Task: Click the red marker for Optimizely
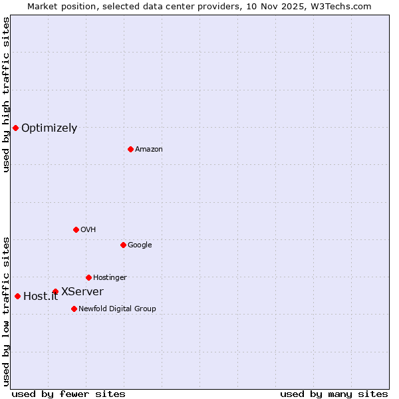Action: [x=15, y=128]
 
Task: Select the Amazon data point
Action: [x=130, y=149]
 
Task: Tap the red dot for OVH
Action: [x=76, y=229]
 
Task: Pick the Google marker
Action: [x=123, y=245]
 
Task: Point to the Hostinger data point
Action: [x=88, y=277]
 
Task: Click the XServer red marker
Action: [x=55, y=291]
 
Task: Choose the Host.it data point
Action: [x=17, y=296]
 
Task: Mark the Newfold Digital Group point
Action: [x=74, y=309]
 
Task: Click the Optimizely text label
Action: [x=49, y=128]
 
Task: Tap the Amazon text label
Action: [x=149, y=150]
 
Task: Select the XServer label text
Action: [x=82, y=291]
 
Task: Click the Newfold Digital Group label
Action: [x=117, y=309]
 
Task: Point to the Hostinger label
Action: [x=110, y=277]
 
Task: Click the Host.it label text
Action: [x=41, y=297]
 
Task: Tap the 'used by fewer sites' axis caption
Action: [x=68, y=394]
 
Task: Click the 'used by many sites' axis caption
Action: [x=334, y=394]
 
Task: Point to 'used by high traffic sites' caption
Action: [x=6, y=95]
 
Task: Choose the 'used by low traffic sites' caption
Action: [x=6, y=311]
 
